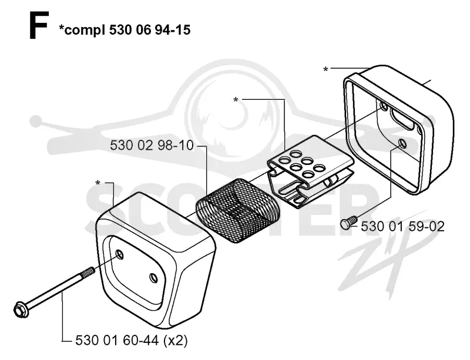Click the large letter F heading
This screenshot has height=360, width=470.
click(39, 25)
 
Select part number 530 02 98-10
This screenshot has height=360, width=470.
click(152, 146)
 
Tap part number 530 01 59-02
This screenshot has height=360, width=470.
click(402, 226)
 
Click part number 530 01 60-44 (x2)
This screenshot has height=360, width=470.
click(131, 340)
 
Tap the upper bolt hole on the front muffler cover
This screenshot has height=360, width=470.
click(120, 254)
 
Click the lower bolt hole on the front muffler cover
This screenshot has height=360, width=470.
click(154, 278)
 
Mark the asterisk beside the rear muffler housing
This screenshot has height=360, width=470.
click(326, 69)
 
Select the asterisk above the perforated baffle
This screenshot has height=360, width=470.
click(236, 100)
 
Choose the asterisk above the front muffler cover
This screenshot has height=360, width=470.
click(98, 183)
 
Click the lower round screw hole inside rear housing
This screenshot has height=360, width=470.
click(402, 143)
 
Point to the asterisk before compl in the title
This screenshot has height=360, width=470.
click(62, 28)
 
